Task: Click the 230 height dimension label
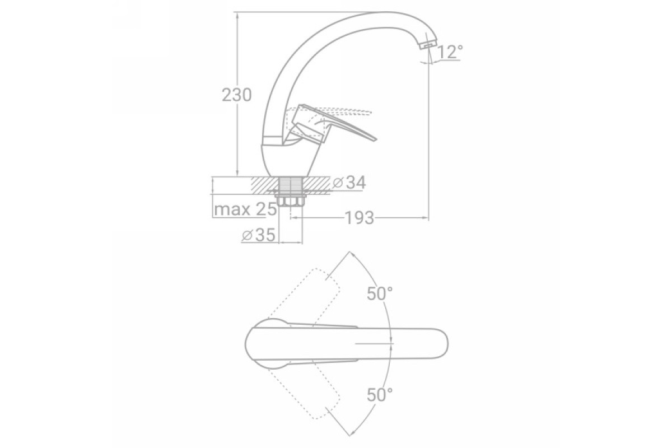[x=236, y=95]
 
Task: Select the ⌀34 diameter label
[x=349, y=183]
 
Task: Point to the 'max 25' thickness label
[x=245, y=209]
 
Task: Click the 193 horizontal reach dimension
[x=360, y=218]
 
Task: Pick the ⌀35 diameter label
[x=258, y=235]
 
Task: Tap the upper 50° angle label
[x=380, y=293]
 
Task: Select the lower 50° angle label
[x=380, y=395]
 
